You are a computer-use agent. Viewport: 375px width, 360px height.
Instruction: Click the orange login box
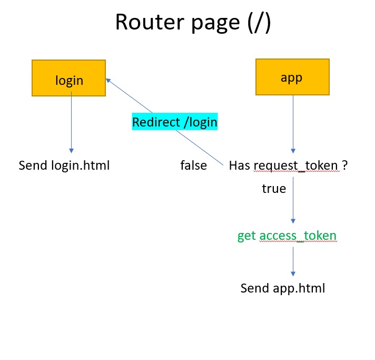[68, 78]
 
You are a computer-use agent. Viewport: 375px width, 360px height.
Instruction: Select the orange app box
[292, 77]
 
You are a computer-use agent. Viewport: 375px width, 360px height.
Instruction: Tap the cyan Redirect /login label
[174, 122]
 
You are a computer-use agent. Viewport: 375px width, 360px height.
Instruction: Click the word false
[193, 166]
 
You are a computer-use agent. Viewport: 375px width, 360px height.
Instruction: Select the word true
[274, 188]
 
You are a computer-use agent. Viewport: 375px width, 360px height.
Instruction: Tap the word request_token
[295, 166]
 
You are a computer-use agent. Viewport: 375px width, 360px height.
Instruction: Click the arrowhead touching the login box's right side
[108, 81]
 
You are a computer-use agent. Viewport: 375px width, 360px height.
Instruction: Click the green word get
[246, 236]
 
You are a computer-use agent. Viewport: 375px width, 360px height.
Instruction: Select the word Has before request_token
[240, 166]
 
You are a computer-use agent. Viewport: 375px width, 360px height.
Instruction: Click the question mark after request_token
[344, 166]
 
